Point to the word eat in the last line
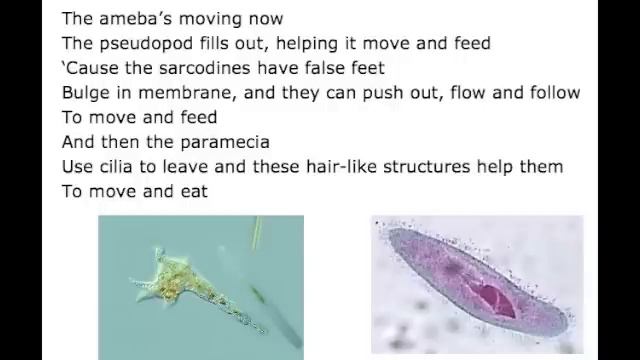pyautogui.click(x=192, y=191)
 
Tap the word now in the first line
pyautogui.click(x=263, y=18)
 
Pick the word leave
pyautogui.click(x=192, y=166)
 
